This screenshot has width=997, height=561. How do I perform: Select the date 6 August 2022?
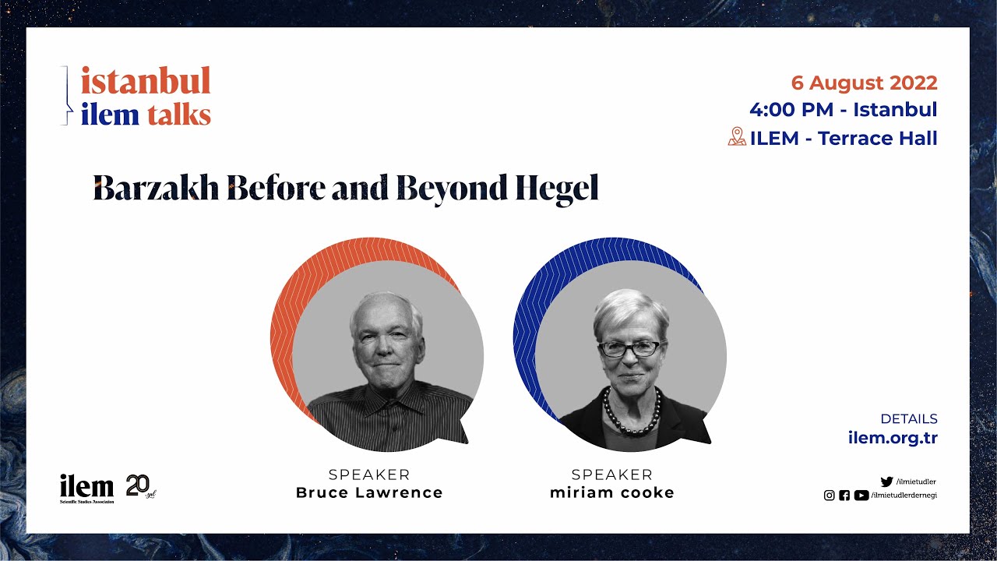pos(864,83)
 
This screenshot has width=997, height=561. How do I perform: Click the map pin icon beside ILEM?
pos(737,137)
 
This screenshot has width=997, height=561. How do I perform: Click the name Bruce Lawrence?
pos(369,492)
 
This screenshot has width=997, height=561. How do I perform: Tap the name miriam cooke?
pos(612,492)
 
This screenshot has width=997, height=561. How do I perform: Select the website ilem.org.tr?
pos(893,438)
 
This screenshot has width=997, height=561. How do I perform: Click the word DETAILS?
pos(909,418)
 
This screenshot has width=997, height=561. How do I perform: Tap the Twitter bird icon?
pos(886,482)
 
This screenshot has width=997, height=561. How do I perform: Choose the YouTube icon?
pos(861,496)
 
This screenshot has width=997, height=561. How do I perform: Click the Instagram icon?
pos(830,496)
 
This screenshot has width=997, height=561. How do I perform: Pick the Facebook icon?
pos(844,496)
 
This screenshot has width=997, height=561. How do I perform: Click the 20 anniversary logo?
pos(140,487)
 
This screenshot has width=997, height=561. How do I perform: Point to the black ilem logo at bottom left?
pos(86,488)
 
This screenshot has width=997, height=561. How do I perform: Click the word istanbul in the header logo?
pos(146,81)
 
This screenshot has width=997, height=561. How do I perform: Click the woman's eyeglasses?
pos(629,349)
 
